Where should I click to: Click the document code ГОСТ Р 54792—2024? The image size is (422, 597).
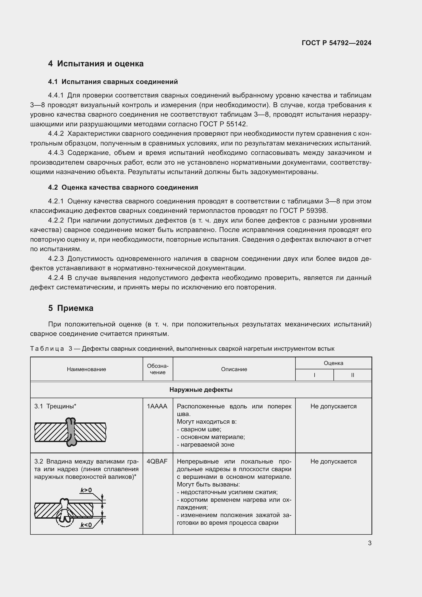[336, 43]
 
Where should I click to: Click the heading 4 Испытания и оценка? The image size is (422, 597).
[96, 64]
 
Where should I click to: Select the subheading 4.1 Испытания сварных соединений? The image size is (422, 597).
[113, 82]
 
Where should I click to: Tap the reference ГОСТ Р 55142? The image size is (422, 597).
[224, 124]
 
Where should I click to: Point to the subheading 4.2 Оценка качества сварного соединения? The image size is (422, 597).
[123, 188]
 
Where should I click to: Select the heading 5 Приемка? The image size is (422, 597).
[71, 308]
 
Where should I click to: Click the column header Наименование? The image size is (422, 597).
[86, 369]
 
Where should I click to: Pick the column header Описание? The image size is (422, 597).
[234, 369]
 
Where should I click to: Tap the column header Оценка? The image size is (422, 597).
[333, 363]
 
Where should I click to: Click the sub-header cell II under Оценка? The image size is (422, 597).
[352, 375]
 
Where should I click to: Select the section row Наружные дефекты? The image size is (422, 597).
[201, 390]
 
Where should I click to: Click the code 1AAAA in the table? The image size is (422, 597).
[157, 406]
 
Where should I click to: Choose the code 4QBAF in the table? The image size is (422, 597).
[157, 461]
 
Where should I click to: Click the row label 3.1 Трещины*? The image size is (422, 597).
[55, 406]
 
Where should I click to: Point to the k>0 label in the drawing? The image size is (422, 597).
[86, 490]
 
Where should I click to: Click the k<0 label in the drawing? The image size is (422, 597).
[86, 525]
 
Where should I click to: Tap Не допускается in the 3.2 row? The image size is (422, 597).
[333, 461]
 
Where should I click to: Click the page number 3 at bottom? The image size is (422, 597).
[369, 543]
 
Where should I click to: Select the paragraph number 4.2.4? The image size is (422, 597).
[56, 278]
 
